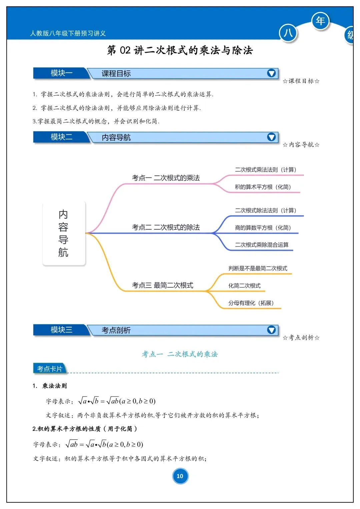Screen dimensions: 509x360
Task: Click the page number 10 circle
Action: pos(180,476)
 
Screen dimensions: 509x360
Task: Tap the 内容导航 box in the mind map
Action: pos(64,233)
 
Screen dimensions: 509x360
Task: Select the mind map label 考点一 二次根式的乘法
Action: pos(166,178)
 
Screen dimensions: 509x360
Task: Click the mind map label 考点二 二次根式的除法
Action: pos(166,227)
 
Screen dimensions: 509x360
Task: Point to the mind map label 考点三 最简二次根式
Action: pos(162,285)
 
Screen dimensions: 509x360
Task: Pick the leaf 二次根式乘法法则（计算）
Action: pos(265,170)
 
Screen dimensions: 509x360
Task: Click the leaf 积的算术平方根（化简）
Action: pos(263,187)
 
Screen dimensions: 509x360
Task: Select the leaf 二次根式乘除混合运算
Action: pos(262,245)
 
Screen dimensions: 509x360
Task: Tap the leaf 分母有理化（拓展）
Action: pos(251,303)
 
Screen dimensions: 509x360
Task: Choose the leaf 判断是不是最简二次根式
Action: pos(258,268)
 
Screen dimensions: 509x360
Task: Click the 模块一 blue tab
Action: pos(61,73)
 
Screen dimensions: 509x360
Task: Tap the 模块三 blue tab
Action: pos(61,330)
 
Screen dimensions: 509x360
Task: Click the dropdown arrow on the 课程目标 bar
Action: pos(271,73)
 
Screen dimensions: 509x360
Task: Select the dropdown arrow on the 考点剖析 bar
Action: pos(271,330)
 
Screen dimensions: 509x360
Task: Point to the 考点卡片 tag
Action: pos(50,369)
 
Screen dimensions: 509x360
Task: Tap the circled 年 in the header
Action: pos(320,21)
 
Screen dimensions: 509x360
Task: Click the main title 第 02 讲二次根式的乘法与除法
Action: pos(180,50)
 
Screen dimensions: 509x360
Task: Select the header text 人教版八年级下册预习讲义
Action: pos(68,33)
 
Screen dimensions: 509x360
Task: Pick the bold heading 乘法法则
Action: pos(54,386)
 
